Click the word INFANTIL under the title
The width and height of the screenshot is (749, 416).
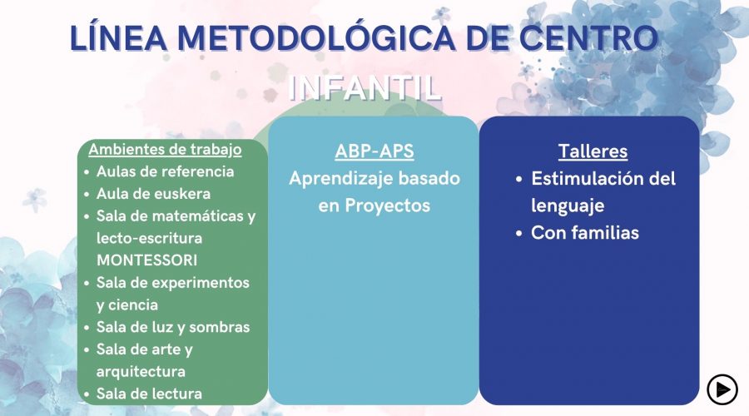(x=365, y=87)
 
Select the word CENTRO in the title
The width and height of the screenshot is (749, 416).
(x=589, y=37)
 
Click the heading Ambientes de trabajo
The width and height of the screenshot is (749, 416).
(x=165, y=149)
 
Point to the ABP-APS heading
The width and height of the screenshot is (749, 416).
(x=374, y=151)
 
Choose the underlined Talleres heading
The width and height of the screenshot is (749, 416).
(x=593, y=151)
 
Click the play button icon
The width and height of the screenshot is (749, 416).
(x=722, y=389)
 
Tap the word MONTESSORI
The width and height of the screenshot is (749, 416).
(x=146, y=260)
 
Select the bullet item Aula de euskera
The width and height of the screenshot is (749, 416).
(x=153, y=193)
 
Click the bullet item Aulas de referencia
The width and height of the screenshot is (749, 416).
(x=166, y=171)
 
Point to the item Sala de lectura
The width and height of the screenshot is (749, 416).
(x=149, y=394)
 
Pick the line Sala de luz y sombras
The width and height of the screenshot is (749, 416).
(x=173, y=327)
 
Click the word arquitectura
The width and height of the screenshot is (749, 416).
(x=141, y=372)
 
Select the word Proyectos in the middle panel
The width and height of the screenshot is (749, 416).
(x=387, y=206)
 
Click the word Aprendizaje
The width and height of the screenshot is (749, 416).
(x=341, y=179)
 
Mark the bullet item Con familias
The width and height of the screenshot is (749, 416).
(x=585, y=233)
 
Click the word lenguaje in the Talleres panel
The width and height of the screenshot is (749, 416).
(x=568, y=206)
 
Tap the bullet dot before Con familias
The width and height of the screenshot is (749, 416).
(x=519, y=234)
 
